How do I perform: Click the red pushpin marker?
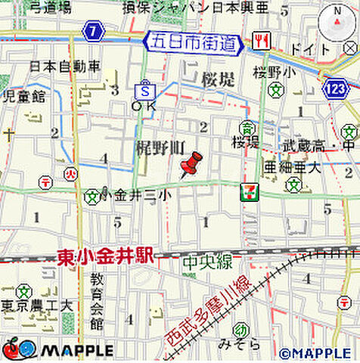pos(191,164)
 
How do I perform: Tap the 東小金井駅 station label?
pos(105,258)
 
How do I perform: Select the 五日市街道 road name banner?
pos(194,43)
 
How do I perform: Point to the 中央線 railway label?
pos(206,262)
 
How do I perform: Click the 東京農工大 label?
pos(36,306)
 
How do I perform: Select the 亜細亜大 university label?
pos(292,168)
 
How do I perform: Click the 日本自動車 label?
pos(65,66)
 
